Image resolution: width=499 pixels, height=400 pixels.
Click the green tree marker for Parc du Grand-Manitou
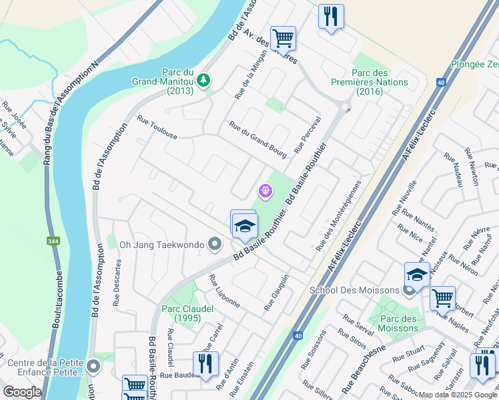(x=202, y=81)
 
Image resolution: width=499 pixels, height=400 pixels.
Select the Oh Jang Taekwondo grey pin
(x=214, y=245)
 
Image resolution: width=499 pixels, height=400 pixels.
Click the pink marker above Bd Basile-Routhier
(x=266, y=191)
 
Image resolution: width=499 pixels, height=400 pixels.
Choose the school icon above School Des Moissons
(x=417, y=274)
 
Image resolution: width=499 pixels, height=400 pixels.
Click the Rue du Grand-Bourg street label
(x=258, y=139)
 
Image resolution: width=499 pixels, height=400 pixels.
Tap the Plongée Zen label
(x=474, y=64)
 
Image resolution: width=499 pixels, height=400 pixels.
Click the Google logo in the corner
(x=22, y=392)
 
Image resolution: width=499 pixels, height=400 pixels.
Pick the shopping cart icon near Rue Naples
(x=442, y=299)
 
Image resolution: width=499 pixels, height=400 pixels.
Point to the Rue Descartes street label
(x=117, y=281)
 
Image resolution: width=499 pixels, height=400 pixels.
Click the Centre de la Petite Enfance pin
(x=93, y=367)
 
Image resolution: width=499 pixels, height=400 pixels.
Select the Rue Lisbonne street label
(x=224, y=291)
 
